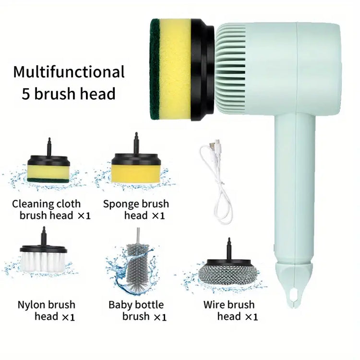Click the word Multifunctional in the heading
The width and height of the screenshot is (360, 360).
69,72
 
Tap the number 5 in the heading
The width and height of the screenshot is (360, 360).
26,94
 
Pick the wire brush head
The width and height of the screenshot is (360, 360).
228,270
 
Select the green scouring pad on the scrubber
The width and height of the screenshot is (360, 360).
155,69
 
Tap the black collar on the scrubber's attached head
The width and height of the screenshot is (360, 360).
202,70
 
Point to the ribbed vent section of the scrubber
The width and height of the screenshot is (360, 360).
230,69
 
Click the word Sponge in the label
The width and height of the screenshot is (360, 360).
121,204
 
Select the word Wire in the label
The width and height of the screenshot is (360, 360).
214,304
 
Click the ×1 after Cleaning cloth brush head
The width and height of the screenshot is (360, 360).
84,216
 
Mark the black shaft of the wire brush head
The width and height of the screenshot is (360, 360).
228,249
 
